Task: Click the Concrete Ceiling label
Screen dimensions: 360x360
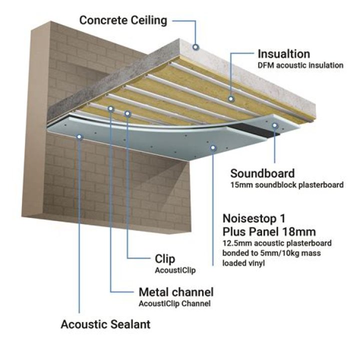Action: click(123, 20)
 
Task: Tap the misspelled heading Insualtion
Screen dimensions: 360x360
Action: click(283, 53)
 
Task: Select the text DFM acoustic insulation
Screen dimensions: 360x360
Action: click(300, 65)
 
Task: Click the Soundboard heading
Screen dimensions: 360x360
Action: click(262, 173)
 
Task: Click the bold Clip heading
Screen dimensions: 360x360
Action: click(165, 258)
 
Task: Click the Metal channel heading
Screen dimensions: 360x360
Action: click(175, 292)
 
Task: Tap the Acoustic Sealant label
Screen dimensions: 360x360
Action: click(105, 324)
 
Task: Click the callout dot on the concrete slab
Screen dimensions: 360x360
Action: click(195, 47)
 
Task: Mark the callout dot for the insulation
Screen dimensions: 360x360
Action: click(231, 99)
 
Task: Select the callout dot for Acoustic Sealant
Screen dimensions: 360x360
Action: click(79, 136)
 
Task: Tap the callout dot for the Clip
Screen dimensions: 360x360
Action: click(128, 114)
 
